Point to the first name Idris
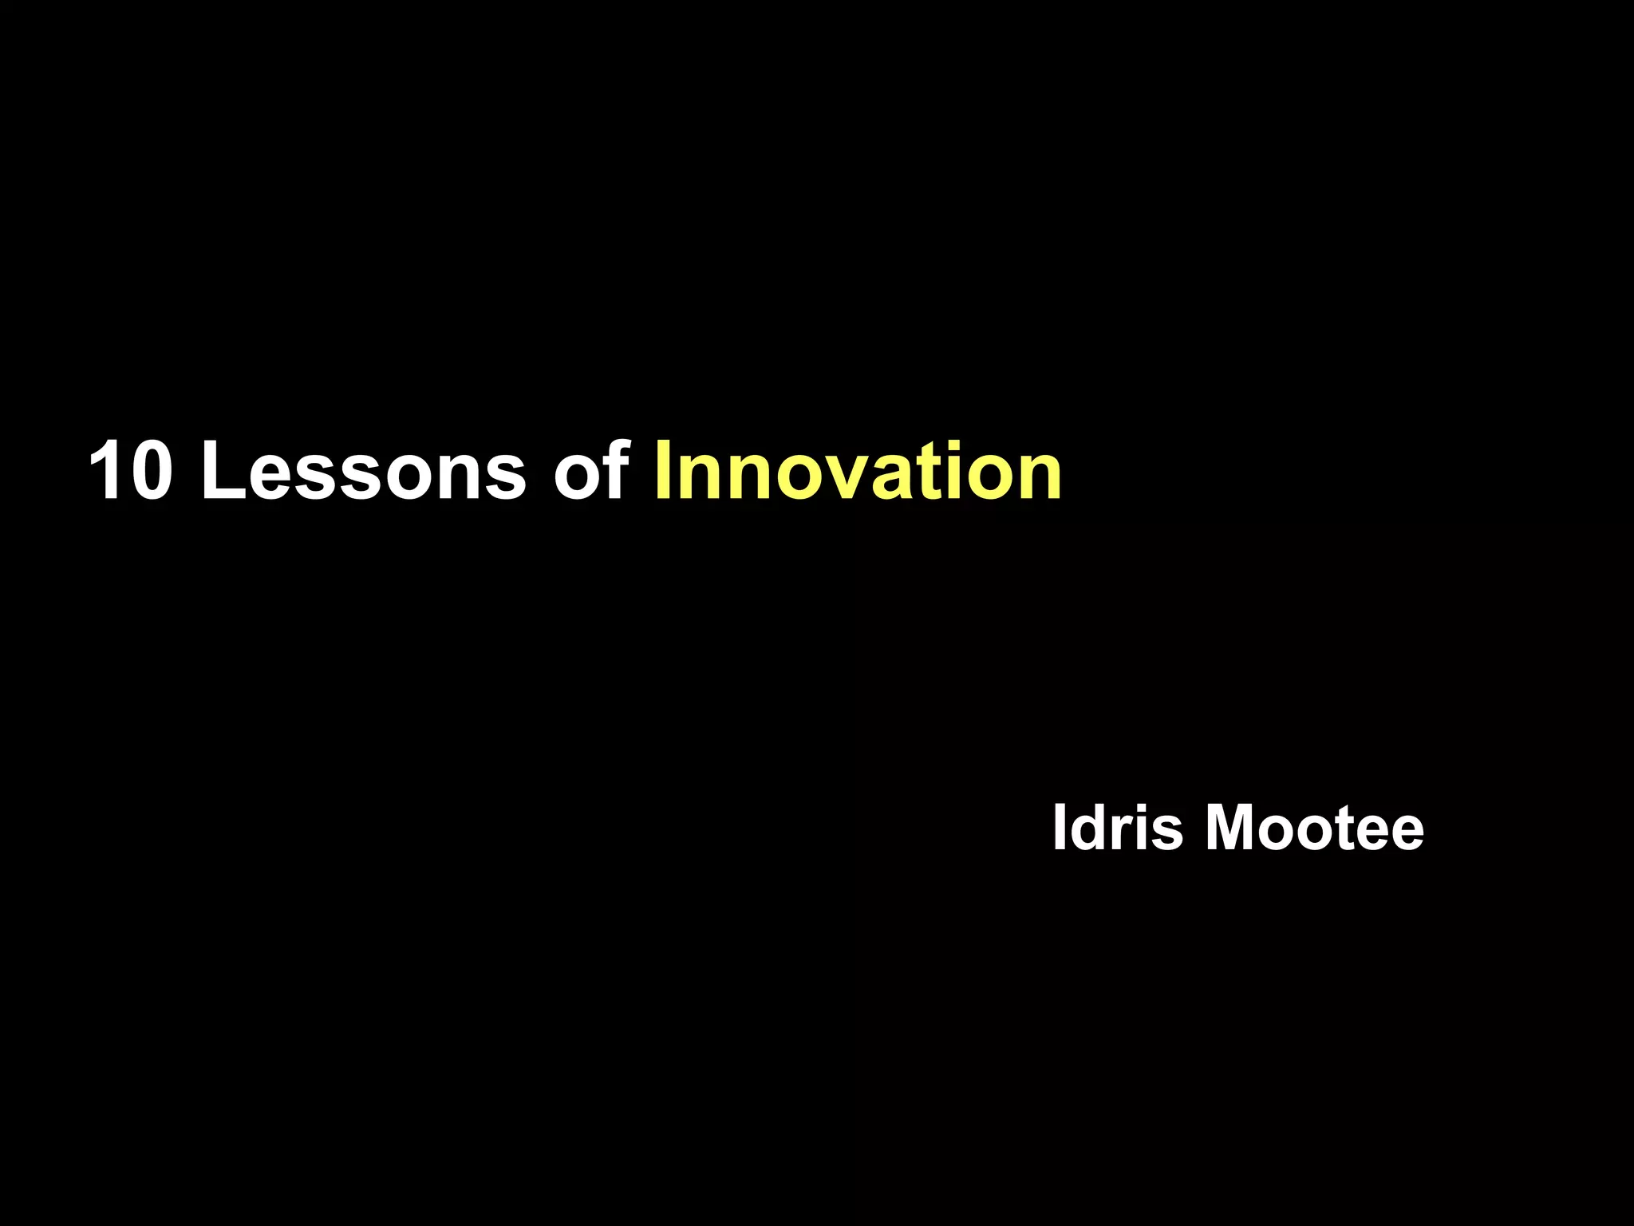tap(1117, 828)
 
